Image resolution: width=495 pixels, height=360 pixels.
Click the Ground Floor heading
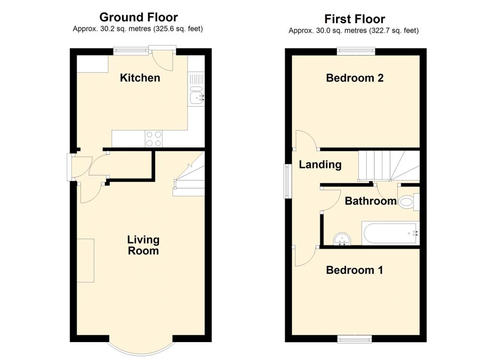tap(138, 18)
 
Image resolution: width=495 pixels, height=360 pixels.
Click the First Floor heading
tap(354, 19)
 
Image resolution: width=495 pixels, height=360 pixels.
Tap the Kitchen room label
tap(140, 78)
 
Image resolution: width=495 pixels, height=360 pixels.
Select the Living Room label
tap(143, 245)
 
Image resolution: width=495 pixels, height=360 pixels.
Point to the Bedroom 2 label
tap(355, 78)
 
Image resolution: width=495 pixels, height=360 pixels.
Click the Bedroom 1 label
tap(354, 270)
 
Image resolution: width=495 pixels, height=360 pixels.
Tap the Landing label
tap(320, 165)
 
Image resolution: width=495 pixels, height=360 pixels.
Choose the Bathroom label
tap(370, 201)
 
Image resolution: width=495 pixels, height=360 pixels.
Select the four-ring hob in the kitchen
tap(154, 139)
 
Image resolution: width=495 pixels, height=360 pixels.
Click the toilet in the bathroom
tap(408, 200)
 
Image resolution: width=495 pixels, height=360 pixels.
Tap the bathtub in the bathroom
tap(390, 234)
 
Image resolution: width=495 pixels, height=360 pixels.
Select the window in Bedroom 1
tap(355, 339)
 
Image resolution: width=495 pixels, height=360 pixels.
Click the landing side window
tap(287, 181)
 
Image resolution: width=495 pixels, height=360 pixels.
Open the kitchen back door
tap(162, 57)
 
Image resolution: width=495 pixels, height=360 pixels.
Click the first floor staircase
tap(387, 165)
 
